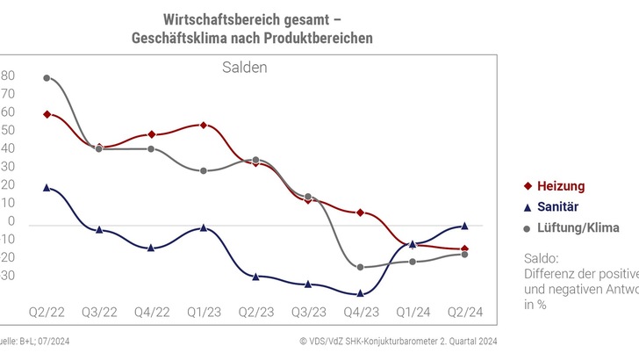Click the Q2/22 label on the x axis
point(47,312)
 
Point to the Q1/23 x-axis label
point(203,312)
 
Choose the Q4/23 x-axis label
point(360,312)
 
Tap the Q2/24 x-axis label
point(464,312)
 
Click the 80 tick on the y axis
point(8,76)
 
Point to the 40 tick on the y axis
point(8,148)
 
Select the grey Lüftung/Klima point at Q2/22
point(47,78)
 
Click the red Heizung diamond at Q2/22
point(47,114)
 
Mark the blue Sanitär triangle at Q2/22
point(47,187)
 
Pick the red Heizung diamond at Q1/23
point(204,126)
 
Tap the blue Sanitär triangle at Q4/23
point(360,293)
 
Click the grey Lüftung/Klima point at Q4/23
point(360,267)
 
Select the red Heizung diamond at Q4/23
point(360,212)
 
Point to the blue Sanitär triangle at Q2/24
point(464,226)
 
